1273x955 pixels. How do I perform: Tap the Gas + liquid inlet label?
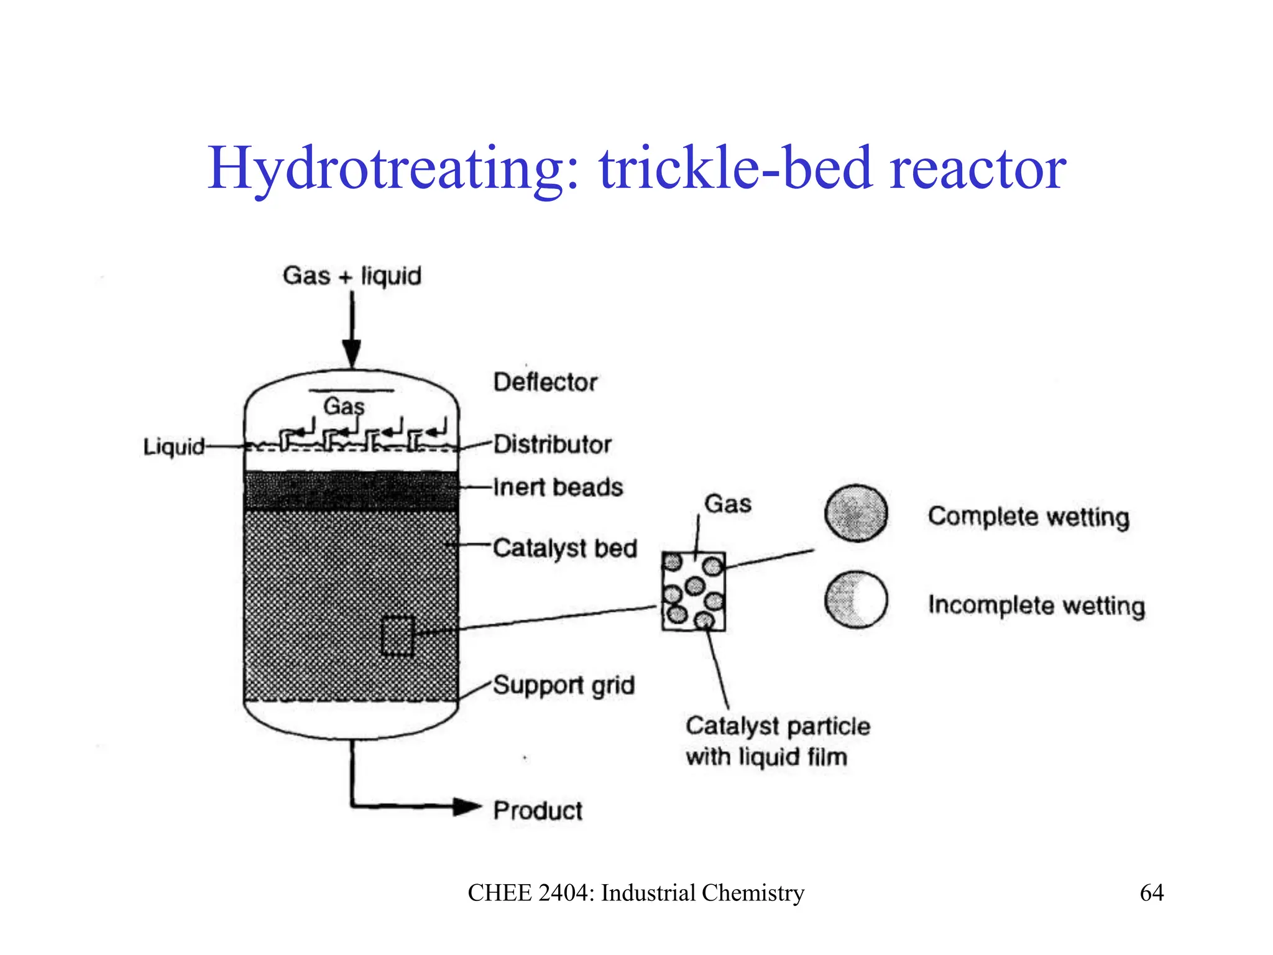pyautogui.click(x=352, y=276)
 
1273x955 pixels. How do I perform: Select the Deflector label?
pyautogui.click(x=545, y=382)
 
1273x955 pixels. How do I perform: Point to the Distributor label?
pyautogui.click(x=552, y=445)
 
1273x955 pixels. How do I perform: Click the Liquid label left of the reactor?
pyautogui.click(x=173, y=447)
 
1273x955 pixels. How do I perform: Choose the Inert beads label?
pyautogui.click(x=558, y=487)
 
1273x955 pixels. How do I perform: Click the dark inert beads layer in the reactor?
pyautogui.click(x=351, y=491)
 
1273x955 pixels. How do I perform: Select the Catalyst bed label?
pyautogui.click(x=564, y=548)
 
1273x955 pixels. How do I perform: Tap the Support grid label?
pyautogui.click(x=563, y=686)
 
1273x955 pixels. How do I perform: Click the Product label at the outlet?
pyautogui.click(x=538, y=811)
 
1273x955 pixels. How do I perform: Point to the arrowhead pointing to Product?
pyautogui.click(x=467, y=807)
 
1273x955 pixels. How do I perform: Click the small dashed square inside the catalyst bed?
pyautogui.click(x=397, y=635)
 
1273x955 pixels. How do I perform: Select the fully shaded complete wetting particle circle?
pyautogui.click(x=856, y=514)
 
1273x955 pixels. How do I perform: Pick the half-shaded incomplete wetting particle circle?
pyautogui.click(x=856, y=599)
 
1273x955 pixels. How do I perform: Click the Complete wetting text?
pyautogui.click(x=1029, y=517)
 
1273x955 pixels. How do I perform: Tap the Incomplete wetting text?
pyautogui.click(x=1036, y=605)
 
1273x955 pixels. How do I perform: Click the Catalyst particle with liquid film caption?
pyautogui.click(x=776, y=741)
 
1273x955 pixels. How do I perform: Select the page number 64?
pyautogui.click(x=1151, y=893)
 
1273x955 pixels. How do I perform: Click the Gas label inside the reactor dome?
pyautogui.click(x=344, y=407)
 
